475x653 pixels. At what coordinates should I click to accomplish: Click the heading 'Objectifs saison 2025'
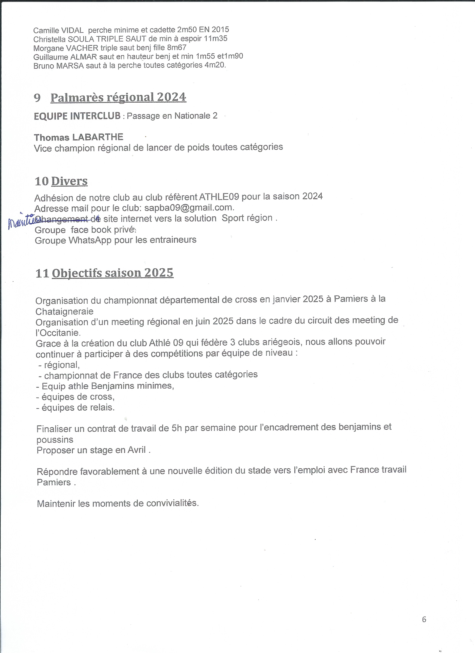[113, 273]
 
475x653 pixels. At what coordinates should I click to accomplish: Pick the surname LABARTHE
[97, 137]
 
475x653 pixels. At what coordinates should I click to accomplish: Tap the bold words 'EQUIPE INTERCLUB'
[77, 116]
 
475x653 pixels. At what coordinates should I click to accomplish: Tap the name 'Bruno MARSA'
[58, 66]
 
